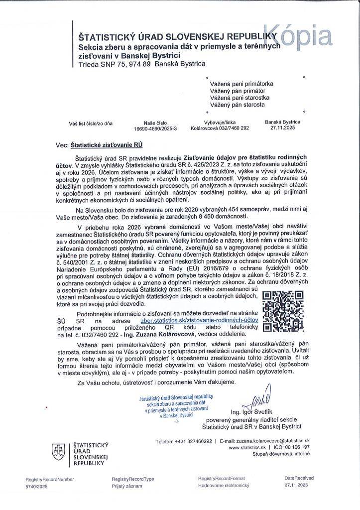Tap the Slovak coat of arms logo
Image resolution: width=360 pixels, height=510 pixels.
[59, 452]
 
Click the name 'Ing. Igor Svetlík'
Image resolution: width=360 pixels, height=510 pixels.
[251, 412]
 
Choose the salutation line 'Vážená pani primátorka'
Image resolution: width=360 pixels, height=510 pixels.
[241, 84]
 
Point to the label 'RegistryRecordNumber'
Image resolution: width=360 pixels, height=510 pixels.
[50, 479]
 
